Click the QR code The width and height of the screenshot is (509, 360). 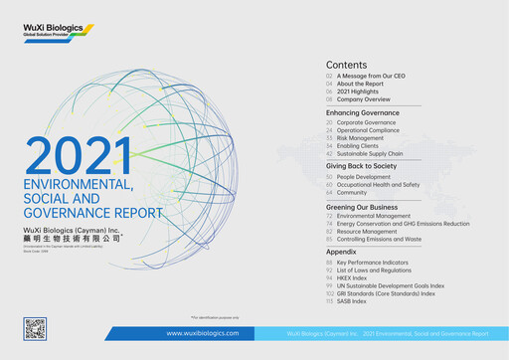point(35,328)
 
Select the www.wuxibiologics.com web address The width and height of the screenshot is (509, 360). point(202,334)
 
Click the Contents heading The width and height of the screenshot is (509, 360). point(346,63)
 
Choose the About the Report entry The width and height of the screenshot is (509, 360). point(364,84)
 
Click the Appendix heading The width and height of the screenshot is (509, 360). point(343,253)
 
